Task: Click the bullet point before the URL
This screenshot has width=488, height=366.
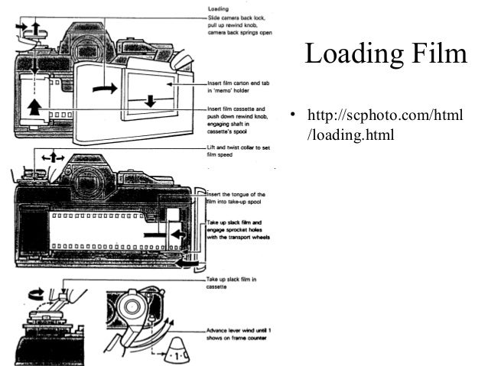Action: click(x=292, y=117)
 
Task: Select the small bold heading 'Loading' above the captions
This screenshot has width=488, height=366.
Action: click(x=219, y=9)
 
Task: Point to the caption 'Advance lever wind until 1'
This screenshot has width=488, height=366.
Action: click(x=241, y=329)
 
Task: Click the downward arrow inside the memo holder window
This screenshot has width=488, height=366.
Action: click(x=150, y=99)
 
